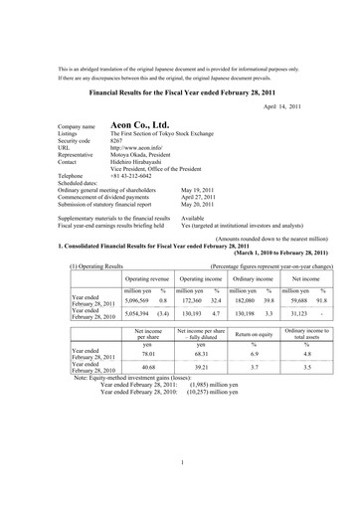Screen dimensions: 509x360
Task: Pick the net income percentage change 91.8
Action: pos(324,271)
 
